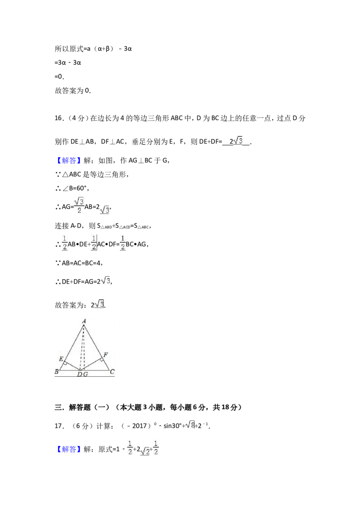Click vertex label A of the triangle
[x=84, y=321]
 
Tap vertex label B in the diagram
[x=57, y=371]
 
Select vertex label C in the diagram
[x=112, y=371]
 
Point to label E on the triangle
[x=61, y=359]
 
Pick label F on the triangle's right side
[x=106, y=354]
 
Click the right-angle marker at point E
[x=65, y=363]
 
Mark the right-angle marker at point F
[x=102, y=359]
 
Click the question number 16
[x=58, y=118]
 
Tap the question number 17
[x=58, y=425]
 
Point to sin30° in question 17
[x=172, y=425]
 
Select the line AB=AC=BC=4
[x=82, y=263]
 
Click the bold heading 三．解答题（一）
[x=82, y=407]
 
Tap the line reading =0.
[x=59, y=76]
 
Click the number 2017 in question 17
[x=139, y=425]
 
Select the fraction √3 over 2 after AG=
[x=79, y=205]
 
